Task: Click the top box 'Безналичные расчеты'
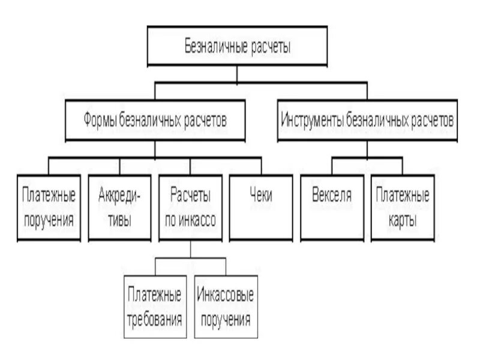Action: click(x=237, y=46)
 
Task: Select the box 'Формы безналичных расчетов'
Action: click(x=155, y=120)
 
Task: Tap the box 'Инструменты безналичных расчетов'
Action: click(x=367, y=120)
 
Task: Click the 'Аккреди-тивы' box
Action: click(x=119, y=208)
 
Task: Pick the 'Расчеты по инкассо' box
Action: click(x=190, y=208)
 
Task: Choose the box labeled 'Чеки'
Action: click(x=260, y=208)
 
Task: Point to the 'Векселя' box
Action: click(x=332, y=208)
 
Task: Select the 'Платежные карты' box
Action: click(x=402, y=208)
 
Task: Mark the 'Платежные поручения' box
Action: click(x=49, y=208)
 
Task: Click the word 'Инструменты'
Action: click(x=310, y=120)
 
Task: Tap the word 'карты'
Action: click(x=402, y=220)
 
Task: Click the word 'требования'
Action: click(x=155, y=318)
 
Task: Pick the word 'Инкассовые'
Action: click(x=225, y=295)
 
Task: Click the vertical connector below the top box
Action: click(x=237, y=74)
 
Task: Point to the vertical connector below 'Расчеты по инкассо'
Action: click(x=190, y=250)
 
